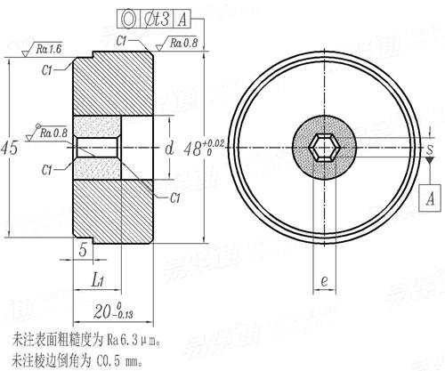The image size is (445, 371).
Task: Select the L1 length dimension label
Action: click(99, 280)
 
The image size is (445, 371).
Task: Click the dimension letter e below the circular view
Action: click(326, 279)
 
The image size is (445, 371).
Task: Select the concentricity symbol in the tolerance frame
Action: click(130, 15)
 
